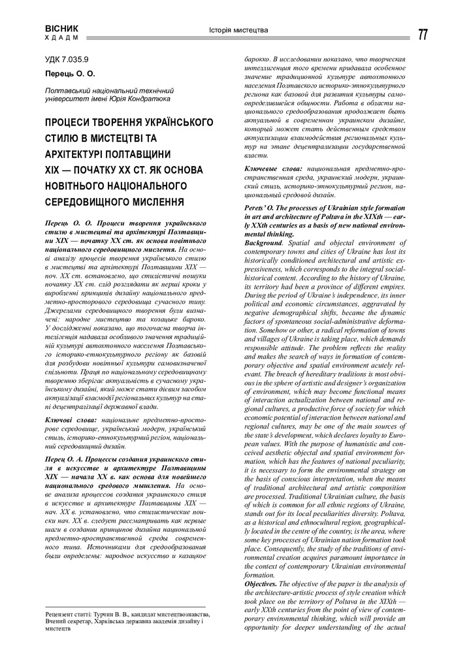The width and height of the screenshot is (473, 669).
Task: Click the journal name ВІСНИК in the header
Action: [x=61, y=29]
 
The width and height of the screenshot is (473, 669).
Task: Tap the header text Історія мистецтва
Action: [x=238, y=30]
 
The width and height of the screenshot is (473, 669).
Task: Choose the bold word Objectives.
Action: [x=261, y=583]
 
